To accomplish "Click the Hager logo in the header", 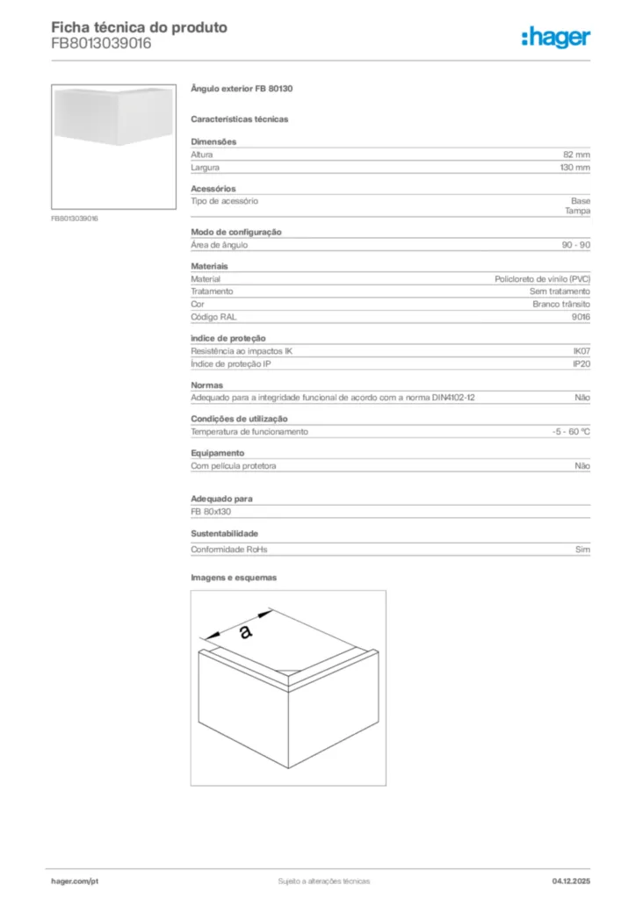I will point(555,37).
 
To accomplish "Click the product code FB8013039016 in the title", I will point(101,43).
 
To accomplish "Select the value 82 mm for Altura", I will point(576,155).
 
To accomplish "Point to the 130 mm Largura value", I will point(575,167).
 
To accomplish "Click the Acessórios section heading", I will point(213,189).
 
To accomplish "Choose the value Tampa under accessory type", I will point(577,212).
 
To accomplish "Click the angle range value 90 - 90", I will point(576,245).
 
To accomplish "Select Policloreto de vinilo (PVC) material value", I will point(542,279).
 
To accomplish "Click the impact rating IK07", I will point(582,351).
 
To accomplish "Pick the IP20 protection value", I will point(582,363).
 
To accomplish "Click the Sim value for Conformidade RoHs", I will point(582,550).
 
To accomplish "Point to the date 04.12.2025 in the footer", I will point(571,881).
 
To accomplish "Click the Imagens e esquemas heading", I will point(234,578).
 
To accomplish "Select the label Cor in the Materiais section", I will point(197,304).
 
